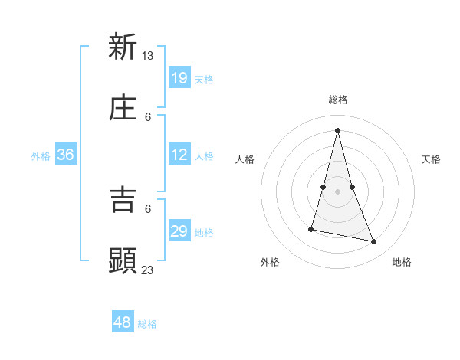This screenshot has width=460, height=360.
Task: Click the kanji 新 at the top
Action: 123,47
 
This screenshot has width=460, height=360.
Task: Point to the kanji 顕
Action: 123,260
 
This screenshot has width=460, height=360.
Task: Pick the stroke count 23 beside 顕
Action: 148,270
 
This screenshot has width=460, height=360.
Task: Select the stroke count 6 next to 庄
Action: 148,116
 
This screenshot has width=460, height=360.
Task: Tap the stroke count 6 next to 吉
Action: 148,208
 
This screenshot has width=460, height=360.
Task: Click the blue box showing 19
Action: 179,77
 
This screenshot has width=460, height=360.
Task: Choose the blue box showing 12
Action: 179,155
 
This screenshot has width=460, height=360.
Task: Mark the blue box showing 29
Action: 179,231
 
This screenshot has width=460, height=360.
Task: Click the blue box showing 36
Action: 65,155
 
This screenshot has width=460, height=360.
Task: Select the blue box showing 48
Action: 123,322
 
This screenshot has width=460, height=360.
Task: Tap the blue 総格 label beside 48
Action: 147,324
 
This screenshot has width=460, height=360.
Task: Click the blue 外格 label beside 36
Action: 41,155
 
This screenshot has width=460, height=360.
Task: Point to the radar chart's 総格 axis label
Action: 338,100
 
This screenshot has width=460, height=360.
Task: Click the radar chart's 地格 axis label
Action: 402,262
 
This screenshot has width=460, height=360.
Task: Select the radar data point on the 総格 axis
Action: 338,129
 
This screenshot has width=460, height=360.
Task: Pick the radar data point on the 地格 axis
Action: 374,241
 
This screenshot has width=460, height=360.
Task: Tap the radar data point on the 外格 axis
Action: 311,228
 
